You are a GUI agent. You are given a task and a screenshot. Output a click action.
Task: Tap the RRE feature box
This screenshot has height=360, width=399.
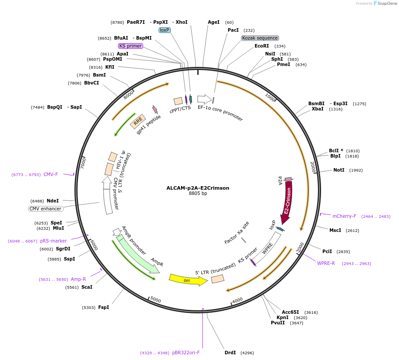138,121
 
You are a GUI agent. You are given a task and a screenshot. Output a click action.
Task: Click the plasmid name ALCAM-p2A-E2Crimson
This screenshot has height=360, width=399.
198,188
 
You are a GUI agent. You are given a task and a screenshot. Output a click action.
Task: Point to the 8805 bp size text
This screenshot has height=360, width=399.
198,194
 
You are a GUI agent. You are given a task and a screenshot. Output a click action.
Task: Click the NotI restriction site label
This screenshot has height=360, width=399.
339,170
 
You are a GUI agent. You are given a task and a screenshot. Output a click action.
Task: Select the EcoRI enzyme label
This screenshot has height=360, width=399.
262,46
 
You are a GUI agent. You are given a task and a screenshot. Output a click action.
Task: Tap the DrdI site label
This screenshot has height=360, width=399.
230,353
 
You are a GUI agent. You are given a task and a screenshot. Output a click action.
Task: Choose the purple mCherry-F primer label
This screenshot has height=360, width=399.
344,217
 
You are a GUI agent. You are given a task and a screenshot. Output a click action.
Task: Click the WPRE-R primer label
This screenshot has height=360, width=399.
326,264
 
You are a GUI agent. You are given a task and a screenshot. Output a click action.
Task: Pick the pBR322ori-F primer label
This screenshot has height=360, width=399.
186,353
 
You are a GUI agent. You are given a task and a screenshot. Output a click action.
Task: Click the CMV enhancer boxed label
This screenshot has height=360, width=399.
46,209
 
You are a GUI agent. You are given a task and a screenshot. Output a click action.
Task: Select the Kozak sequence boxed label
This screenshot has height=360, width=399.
260,38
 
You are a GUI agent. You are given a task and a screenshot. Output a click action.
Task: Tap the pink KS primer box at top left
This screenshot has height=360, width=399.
130,46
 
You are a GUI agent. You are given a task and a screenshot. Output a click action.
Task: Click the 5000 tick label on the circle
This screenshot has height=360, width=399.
155,300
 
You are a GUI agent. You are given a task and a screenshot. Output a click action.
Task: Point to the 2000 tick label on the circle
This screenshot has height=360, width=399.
313,167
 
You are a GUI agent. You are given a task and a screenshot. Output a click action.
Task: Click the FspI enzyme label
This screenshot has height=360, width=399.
103,308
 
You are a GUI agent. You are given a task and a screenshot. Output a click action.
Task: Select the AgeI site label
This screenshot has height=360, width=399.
214,22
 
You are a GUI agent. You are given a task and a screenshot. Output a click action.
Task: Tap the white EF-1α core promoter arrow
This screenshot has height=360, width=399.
204,99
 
